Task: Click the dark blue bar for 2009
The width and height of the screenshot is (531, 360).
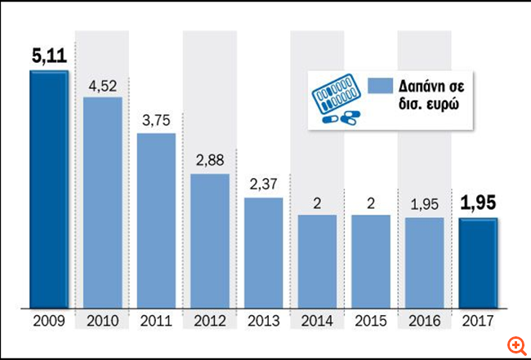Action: point(49,189)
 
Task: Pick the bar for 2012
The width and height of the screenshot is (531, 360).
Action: point(210,241)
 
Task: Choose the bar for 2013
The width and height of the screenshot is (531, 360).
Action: point(264,252)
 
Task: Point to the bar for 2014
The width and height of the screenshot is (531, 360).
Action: point(317,261)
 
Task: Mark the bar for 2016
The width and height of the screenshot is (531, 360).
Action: point(424,262)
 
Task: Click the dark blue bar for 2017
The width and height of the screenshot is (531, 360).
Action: point(477,263)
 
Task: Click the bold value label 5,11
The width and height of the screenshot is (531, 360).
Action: point(48,58)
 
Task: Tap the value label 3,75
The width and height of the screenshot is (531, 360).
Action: point(156,120)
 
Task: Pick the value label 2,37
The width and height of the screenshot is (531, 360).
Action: point(264,184)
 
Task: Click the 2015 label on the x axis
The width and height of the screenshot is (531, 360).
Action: point(370,321)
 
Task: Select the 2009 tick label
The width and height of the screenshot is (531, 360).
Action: point(49,321)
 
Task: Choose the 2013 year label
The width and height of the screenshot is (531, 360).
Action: point(264,321)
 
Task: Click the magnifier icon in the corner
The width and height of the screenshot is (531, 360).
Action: point(515,345)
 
